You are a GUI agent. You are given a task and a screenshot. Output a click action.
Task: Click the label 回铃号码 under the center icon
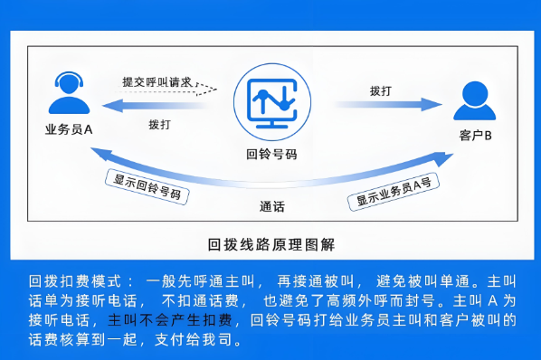pyautogui.click(x=271, y=154)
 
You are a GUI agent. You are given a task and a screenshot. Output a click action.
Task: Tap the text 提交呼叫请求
pyautogui.click(x=157, y=82)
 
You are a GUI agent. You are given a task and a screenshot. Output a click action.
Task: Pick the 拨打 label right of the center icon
pyautogui.click(x=381, y=91)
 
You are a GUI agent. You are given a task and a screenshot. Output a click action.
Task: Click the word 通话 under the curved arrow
pyautogui.click(x=271, y=205)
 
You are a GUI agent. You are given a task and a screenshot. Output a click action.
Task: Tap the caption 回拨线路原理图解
pyautogui.click(x=270, y=244)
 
